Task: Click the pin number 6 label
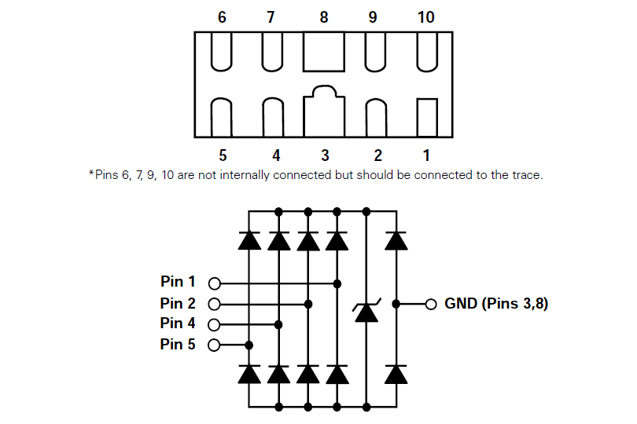[223, 17]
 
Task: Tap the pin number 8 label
[324, 17]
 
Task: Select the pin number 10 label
[425, 17]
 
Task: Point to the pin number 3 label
[324, 155]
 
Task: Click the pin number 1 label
[425, 155]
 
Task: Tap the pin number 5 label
[223, 155]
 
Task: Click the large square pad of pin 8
[324, 52]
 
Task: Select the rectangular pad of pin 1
[426, 117]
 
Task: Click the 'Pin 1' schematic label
[178, 282]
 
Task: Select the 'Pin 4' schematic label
[178, 323]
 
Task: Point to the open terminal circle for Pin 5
[214, 345]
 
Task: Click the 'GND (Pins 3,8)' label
[496, 303]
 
